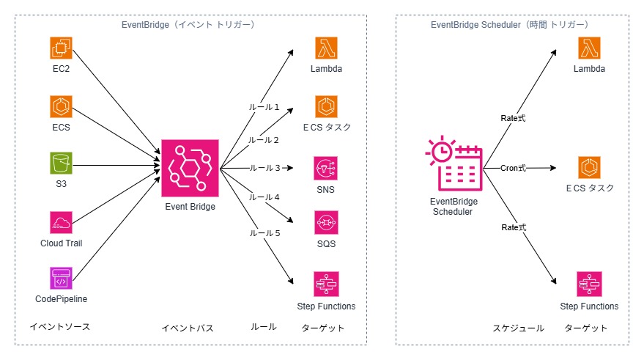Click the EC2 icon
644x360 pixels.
click(62, 48)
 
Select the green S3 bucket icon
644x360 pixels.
click(62, 163)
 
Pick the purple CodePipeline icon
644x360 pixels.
click(62, 279)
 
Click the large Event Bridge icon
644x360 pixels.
click(190, 168)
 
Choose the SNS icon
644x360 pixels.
click(326, 168)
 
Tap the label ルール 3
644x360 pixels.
click(264, 168)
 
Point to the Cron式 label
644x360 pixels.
click(514, 168)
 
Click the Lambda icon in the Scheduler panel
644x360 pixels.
click(589, 48)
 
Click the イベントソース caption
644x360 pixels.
click(60, 326)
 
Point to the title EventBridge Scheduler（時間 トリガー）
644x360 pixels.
click(510, 25)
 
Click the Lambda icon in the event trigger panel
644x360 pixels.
click(326, 48)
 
